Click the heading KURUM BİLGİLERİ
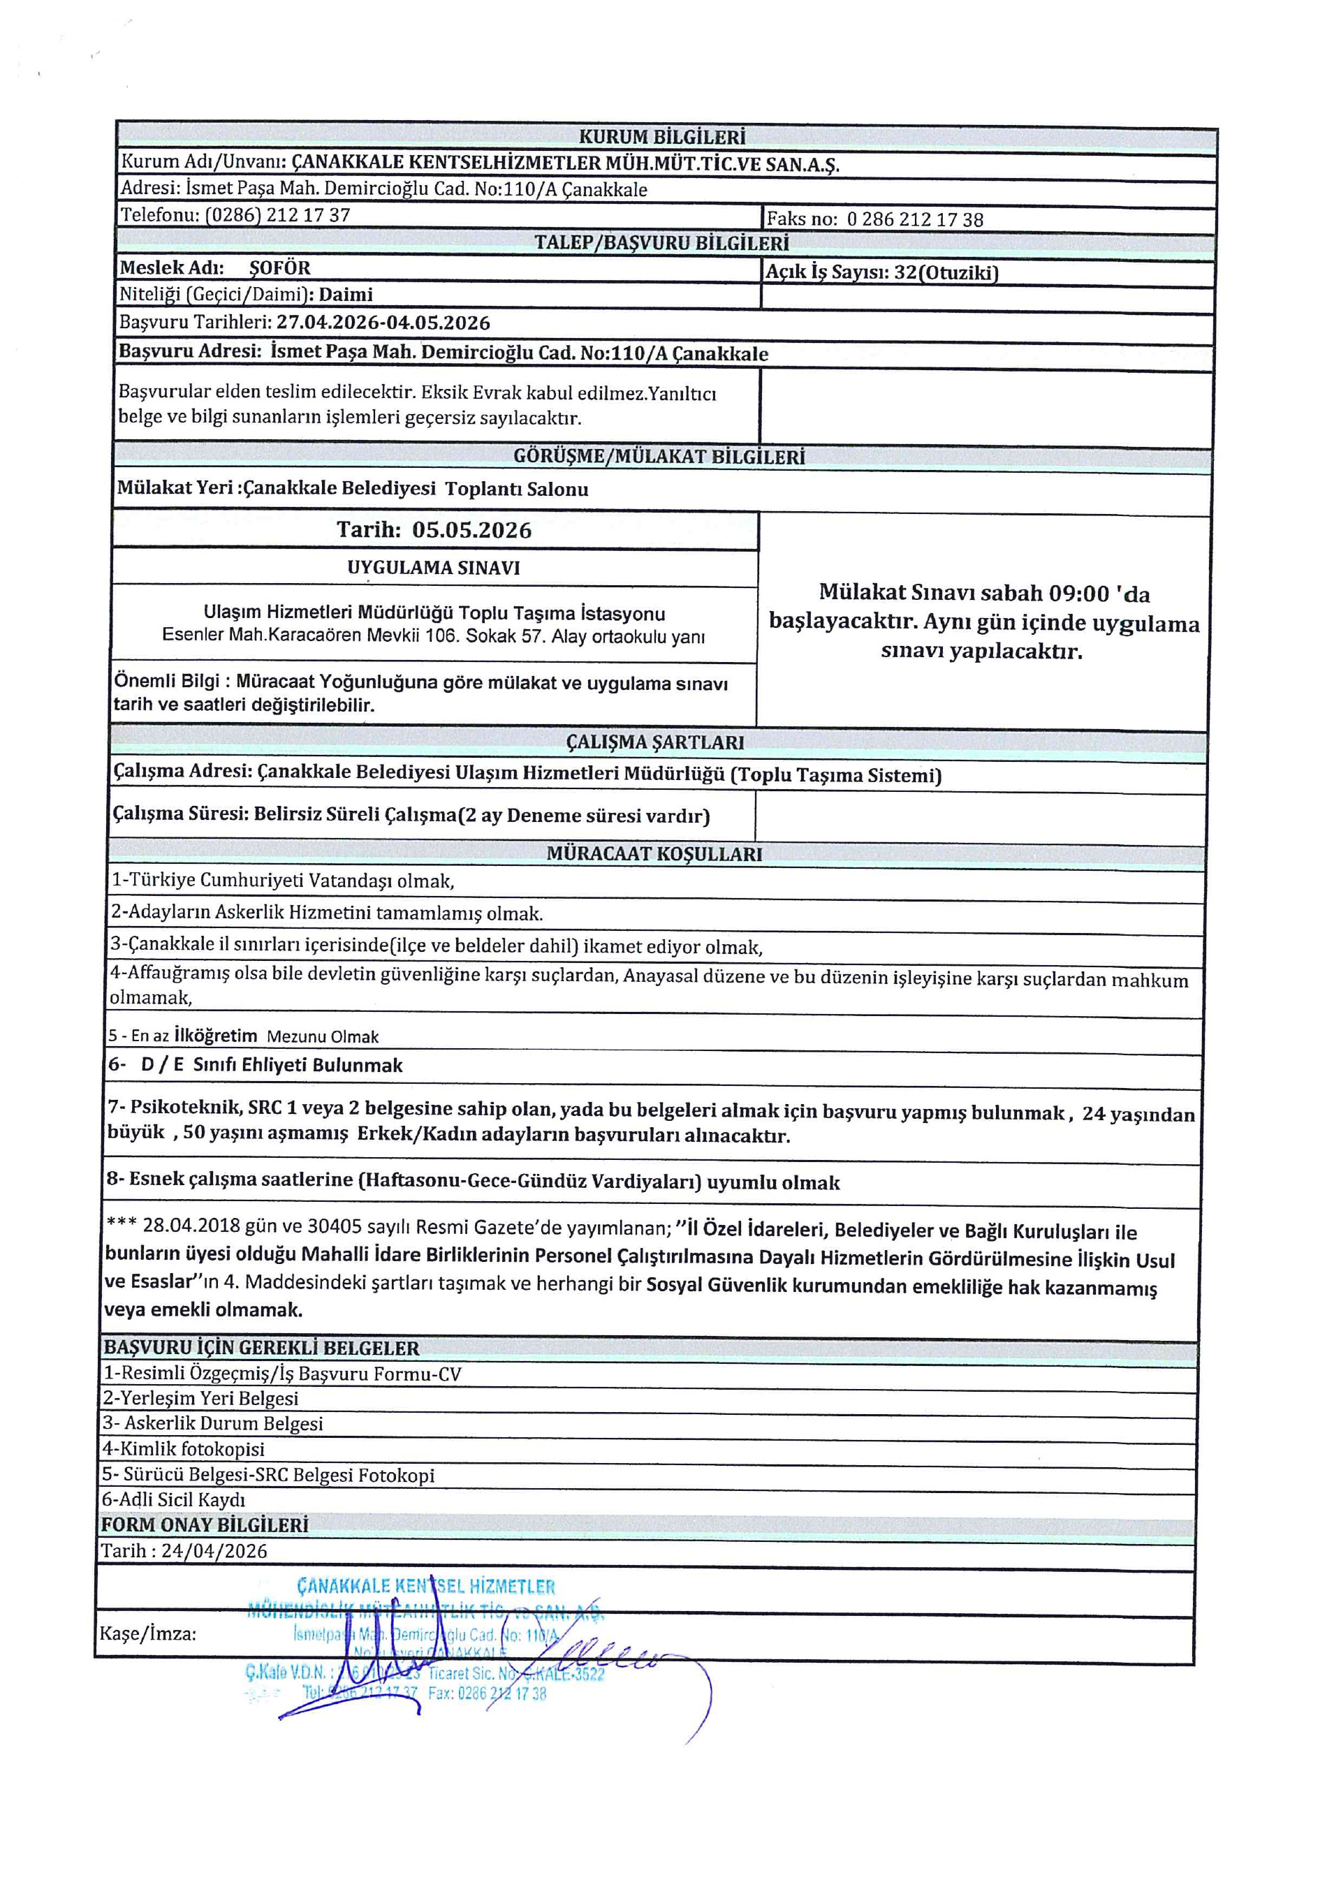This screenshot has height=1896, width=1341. click(661, 136)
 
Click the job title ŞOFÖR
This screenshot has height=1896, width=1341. click(280, 268)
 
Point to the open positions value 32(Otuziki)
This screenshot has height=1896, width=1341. click(946, 272)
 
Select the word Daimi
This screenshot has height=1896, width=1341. click(346, 295)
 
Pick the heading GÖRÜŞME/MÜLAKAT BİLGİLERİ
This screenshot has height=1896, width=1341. click(658, 457)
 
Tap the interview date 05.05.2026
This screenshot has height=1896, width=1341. click(471, 530)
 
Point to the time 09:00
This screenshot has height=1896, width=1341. click(1078, 593)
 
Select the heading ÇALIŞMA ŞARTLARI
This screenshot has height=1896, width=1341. click(655, 742)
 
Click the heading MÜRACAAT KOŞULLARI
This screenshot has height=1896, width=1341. click(654, 854)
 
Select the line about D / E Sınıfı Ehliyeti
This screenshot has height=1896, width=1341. click(256, 1065)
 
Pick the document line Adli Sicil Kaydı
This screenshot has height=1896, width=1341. click(173, 1499)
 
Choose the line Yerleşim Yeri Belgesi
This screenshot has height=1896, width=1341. click(200, 1398)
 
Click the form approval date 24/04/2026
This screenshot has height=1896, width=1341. click(214, 1551)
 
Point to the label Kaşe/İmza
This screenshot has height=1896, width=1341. click(148, 1633)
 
